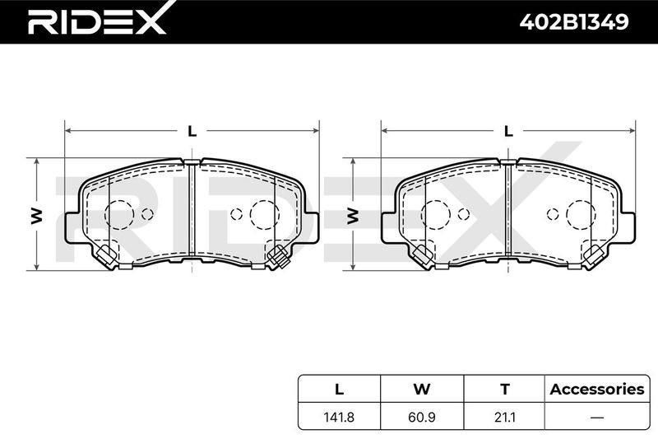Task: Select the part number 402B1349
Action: (573, 22)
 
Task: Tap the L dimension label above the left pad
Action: (192, 132)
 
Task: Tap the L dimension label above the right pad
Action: (508, 132)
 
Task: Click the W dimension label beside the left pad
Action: (37, 215)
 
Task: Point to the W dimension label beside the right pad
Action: (354, 215)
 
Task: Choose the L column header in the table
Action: (339, 389)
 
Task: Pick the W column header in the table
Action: (422, 389)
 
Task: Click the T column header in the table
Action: (505, 389)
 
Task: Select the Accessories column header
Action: (597, 389)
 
